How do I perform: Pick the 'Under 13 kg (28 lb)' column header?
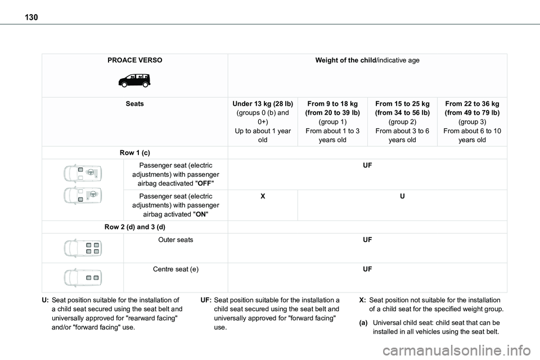tap(263, 104)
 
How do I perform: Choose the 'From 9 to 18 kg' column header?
tap(332, 104)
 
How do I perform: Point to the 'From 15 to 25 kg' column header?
tap(402, 104)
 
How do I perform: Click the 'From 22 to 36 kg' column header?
tap(472, 104)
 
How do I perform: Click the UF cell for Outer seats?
tap(367, 240)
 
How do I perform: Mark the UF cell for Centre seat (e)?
tap(367, 269)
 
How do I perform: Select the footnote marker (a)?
tap(364, 323)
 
